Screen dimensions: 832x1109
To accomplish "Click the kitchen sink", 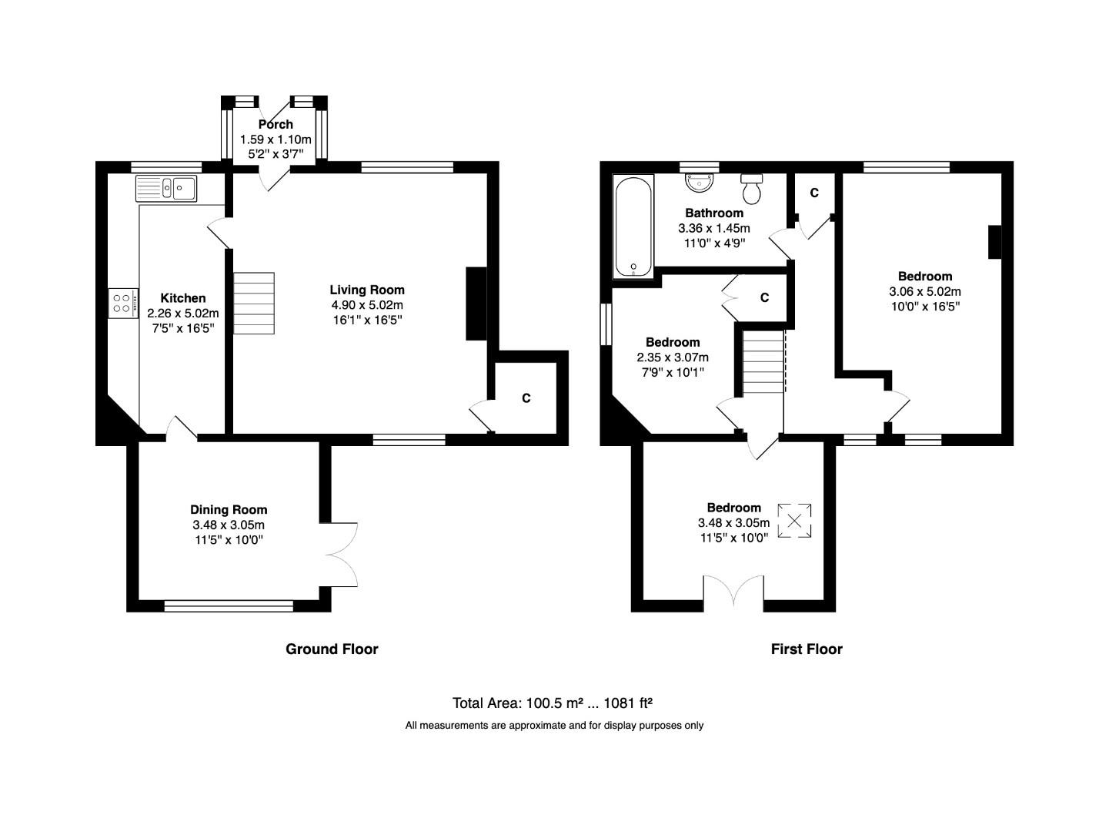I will click(166, 188).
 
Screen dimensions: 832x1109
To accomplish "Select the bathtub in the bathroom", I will click(633, 226).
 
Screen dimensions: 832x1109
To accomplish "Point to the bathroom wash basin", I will click(700, 183).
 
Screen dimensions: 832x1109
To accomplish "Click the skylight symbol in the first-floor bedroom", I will click(794, 522).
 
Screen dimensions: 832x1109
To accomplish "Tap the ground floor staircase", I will click(254, 304).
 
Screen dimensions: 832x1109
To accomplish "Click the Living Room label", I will click(367, 290).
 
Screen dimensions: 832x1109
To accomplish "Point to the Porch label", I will click(276, 124).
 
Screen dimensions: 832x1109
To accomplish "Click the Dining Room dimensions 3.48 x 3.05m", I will click(229, 525).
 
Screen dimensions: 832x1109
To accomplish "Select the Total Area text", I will click(553, 703).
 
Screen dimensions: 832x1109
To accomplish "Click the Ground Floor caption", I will click(332, 649).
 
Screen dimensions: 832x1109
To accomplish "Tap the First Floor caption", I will click(807, 649).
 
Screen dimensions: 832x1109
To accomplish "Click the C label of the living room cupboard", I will click(526, 398).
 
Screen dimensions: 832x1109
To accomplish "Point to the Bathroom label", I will click(714, 213).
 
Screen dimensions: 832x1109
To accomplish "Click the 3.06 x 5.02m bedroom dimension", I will click(924, 291).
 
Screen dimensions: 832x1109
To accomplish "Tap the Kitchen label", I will click(183, 298).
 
